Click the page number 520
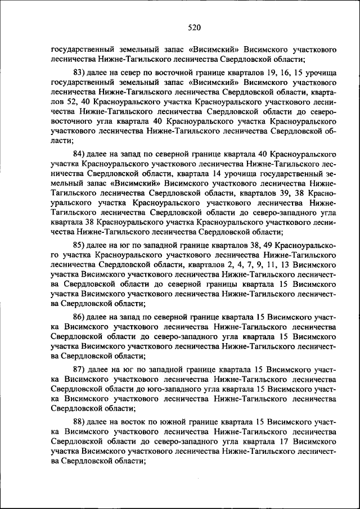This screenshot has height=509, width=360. [195, 26]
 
